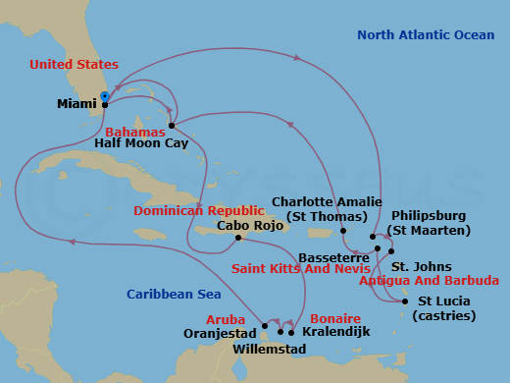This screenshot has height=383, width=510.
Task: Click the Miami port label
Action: coord(77,103)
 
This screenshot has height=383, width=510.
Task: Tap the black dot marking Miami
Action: coord(105,104)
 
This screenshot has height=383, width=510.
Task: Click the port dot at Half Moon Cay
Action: coord(172,125)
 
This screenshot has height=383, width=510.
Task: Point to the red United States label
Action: coord(73,65)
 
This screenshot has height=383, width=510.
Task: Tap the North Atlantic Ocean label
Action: coord(426,35)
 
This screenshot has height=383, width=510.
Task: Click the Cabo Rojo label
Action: coord(240,224)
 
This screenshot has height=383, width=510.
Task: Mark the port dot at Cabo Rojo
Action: coord(238,238)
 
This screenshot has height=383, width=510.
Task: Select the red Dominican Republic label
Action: coord(199,210)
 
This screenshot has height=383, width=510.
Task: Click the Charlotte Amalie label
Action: coord(326,209)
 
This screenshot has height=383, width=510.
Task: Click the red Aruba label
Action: coord(226,319)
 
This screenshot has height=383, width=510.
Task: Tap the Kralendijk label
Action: coord(337,332)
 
